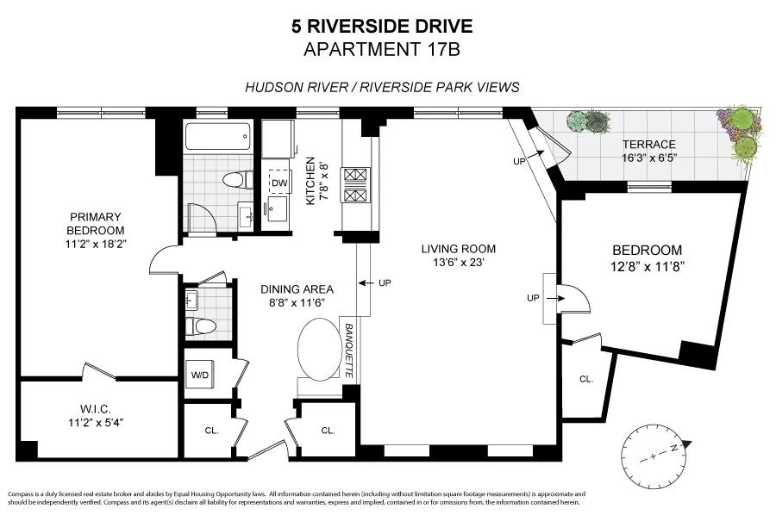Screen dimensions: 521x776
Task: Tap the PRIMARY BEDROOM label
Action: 96,224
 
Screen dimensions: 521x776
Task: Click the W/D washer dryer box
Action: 199,375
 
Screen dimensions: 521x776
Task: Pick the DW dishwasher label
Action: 278,183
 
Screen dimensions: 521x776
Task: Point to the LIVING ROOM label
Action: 458,256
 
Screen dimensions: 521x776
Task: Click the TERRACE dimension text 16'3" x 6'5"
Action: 651,158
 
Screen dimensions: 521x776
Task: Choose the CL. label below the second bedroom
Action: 586,379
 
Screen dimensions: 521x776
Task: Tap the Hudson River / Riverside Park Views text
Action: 382,87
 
